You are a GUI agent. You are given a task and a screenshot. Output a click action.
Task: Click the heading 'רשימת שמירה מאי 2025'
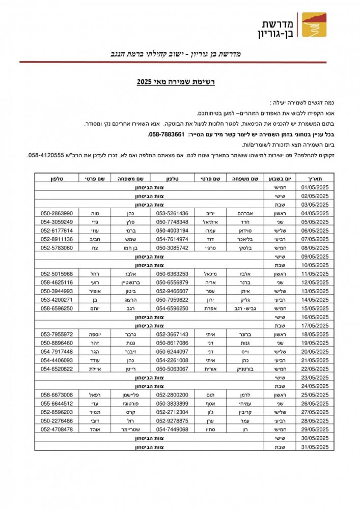pyautogui.click(x=176, y=81)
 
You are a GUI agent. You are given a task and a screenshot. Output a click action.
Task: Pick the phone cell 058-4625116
pyautogui.click(x=57, y=282)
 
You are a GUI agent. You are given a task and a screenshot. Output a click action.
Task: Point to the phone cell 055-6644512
pyautogui.click(x=57, y=403)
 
